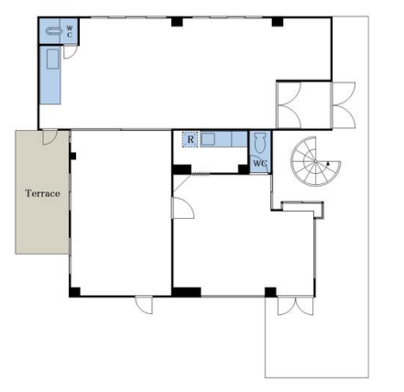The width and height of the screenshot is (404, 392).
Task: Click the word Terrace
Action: pos(42,193)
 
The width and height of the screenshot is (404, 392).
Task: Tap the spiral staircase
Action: pos(315,161)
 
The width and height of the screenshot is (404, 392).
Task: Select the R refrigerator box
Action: pos(191,139)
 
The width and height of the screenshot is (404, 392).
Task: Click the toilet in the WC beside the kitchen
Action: pos(260,143)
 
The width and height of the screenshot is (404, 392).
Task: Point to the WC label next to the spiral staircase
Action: pos(259,163)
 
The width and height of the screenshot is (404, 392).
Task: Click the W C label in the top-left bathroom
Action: pos(70,31)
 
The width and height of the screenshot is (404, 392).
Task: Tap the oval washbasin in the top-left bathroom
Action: pos(54,30)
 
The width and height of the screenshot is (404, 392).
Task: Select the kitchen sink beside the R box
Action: pos(208,139)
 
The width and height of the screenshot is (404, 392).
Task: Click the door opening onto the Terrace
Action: pos(49,137)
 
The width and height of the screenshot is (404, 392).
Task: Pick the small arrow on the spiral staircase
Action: pos(328,164)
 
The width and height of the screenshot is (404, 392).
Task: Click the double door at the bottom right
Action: pos(295,306)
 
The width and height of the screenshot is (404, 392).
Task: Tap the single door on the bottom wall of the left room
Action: pos(144,305)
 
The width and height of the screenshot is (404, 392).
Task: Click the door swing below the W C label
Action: pos(70,51)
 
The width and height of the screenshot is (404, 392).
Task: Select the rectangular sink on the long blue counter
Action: pos(52,59)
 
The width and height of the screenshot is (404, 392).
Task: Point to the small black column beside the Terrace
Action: pos(73,156)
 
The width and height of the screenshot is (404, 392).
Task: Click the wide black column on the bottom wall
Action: pos(187,292)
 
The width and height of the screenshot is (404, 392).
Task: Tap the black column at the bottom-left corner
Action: pos(74,292)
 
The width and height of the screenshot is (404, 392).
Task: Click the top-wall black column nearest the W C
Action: pos(177,22)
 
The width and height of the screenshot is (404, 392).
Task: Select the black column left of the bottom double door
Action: pos(270,292)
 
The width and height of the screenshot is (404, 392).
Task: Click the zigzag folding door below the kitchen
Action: pos(201,175)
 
